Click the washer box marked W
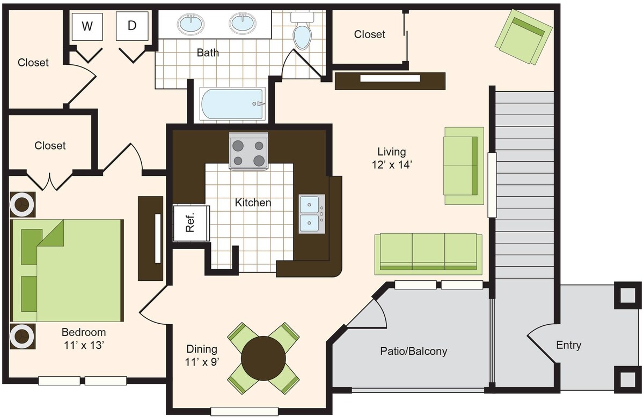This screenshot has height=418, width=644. (x=87, y=26)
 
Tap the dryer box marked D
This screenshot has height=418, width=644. (x=132, y=26)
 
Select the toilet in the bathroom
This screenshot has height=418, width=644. (x=302, y=31)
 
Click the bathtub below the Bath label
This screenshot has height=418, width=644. (x=232, y=103)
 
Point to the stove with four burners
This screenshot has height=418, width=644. (x=248, y=151)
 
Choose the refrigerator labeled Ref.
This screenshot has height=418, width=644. (x=191, y=223)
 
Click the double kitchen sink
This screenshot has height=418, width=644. (x=312, y=214)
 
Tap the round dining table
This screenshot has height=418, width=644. (x=264, y=359)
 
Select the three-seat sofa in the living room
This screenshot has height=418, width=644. (x=428, y=254)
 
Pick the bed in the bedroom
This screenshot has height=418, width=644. (x=67, y=270)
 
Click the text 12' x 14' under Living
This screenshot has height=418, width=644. (x=392, y=165)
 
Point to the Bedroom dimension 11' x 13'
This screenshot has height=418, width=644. (x=84, y=345)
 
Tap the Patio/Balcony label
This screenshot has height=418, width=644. (x=413, y=351)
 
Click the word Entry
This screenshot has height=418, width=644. (x=568, y=345)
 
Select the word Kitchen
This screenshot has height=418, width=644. (x=253, y=203)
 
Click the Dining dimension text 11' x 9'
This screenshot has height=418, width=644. (x=202, y=362)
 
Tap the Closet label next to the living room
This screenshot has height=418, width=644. (x=369, y=34)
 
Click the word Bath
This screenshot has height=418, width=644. (x=208, y=53)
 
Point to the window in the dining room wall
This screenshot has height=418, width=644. (x=244, y=411)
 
